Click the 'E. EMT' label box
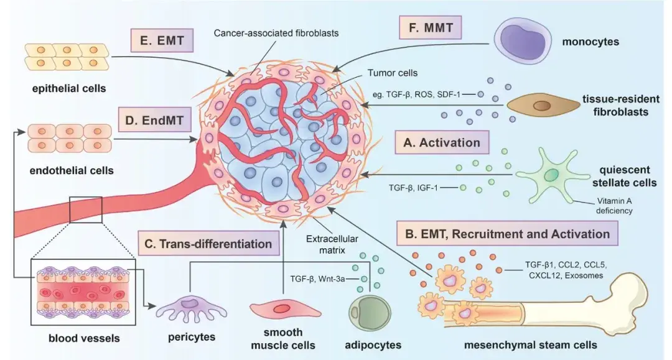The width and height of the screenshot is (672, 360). tap(162, 42)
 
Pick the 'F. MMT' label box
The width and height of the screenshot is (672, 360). tap(431, 29)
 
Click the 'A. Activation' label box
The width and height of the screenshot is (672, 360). tap(442, 142)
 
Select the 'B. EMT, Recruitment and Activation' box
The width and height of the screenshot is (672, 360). tap(506, 234)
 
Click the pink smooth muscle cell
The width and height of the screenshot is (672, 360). tap(281, 308)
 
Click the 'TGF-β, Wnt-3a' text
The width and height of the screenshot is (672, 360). tap(319, 279)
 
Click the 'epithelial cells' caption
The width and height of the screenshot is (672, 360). tap(69, 88)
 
